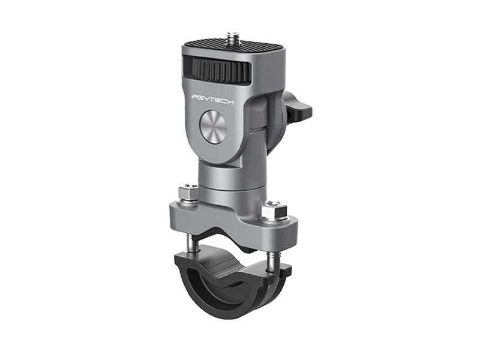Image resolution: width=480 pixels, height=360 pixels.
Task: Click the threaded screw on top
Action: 232,38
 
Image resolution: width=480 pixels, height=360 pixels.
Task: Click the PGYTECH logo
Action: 212,100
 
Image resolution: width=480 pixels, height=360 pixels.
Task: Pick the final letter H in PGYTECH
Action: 230,102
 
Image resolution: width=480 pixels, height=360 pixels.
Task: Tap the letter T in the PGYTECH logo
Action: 212,99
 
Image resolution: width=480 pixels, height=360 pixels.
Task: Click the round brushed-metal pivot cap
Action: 213,125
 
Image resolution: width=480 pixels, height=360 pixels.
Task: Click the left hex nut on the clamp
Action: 187,193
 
